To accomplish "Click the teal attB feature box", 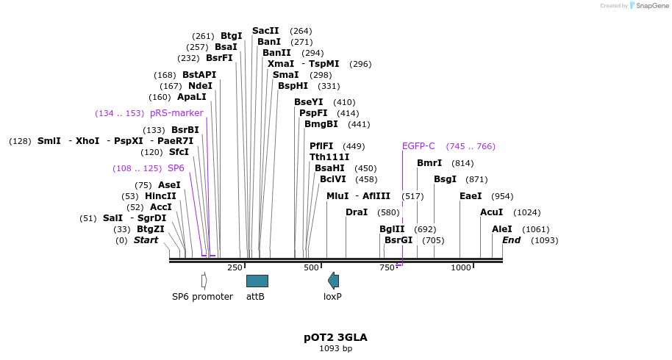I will point(257,281).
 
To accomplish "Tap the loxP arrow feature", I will point(333,280).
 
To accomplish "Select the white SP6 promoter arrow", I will point(204,281).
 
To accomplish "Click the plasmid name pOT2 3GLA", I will point(335,337).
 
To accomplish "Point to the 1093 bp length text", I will point(335,348).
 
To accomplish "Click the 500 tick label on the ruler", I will point(311,268).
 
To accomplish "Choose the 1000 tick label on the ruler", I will point(461,268).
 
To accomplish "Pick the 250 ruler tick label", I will point(235,268).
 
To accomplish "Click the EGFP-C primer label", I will point(418,146).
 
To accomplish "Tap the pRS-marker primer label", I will point(176,113).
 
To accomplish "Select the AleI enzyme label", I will point(502,229).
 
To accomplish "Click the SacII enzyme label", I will point(265,31).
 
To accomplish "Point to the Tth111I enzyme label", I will point(329,157).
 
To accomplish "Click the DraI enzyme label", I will point(357,212).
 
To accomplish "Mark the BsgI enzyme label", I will point(445,179).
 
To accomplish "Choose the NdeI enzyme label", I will point(200,86).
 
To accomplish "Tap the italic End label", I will point(511,240).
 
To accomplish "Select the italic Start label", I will point(146,240).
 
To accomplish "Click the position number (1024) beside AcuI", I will point(526,212).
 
